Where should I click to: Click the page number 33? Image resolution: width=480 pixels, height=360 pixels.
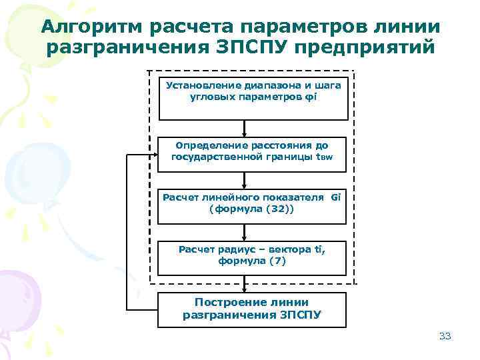point(445,336)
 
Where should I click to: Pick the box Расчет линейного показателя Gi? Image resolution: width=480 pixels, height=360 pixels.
point(252,205)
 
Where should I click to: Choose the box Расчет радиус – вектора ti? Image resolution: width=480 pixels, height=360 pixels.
point(252,256)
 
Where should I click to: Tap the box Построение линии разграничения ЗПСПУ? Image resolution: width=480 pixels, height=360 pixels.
point(252,309)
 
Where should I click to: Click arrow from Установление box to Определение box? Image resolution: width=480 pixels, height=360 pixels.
point(245,127)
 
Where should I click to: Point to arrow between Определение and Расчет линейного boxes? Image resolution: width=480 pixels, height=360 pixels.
point(245,179)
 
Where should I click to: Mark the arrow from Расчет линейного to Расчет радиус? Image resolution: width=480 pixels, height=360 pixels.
point(245,231)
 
